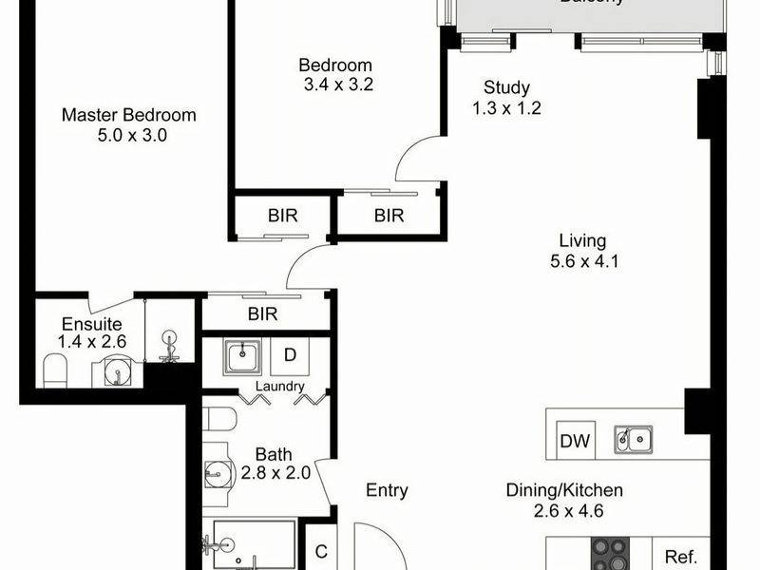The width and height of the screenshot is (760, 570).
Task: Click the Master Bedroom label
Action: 128,115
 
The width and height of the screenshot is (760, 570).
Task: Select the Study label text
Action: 506,88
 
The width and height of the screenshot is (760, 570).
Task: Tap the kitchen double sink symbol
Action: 633,438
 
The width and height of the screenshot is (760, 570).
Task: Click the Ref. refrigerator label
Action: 681,557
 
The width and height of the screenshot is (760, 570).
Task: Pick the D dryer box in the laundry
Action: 290,355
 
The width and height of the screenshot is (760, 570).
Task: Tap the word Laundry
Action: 279,387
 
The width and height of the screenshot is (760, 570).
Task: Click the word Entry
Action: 387,490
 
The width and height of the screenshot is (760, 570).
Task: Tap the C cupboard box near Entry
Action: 321,551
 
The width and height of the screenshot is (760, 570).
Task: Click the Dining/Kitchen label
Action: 563,490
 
